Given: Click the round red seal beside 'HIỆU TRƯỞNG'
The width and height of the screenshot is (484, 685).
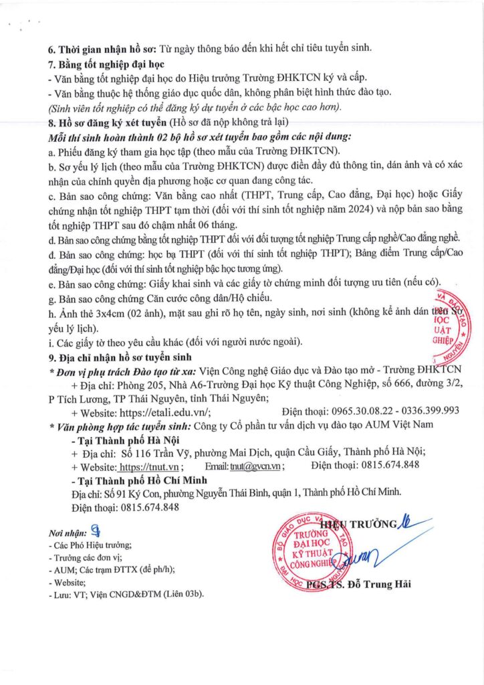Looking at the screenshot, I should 310,553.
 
